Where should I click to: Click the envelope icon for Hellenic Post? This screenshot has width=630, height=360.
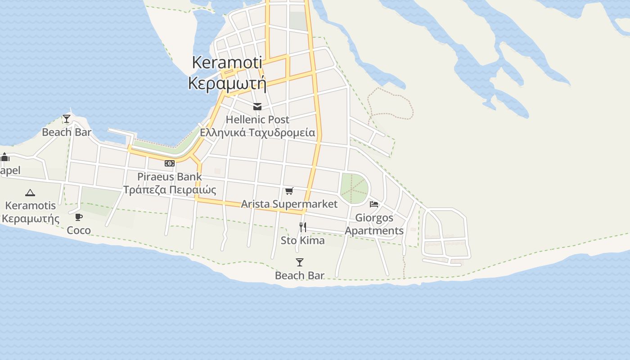tap(257, 107)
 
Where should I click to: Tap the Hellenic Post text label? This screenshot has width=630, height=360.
tap(257, 120)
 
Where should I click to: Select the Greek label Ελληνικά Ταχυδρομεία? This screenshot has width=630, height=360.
tap(257, 133)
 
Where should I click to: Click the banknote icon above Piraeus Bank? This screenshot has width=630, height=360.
tap(170, 163)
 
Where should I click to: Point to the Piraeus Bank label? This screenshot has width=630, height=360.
tap(170, 176)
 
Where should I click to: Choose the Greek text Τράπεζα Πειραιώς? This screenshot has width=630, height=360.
tap(170, 189)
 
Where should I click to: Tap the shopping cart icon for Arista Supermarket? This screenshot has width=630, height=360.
tap(289, 191)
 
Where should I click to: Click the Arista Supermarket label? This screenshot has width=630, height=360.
tap(289, 204)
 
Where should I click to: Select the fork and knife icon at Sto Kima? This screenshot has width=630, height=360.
tap(303, 227)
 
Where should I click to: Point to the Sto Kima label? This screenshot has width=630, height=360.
tap(303, 240)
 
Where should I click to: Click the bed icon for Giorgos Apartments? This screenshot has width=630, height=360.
tap(374, 204)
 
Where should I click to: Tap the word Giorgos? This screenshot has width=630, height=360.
tap(374, 218)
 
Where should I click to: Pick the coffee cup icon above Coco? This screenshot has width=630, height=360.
tap(79, 217)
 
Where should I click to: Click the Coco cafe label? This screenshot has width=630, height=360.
tap(79, 230)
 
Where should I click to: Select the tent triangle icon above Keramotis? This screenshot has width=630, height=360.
tap(30, 193)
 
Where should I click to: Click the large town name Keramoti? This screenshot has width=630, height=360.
tap(227, 62)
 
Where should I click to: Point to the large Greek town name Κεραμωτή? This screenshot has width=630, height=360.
tap(227, 83)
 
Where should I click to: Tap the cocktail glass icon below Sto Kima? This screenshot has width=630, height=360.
tap(300, 262)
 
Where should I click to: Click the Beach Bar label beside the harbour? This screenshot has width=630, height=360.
tap(67, 132)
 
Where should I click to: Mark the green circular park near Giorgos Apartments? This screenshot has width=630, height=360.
tap(354, 188)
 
